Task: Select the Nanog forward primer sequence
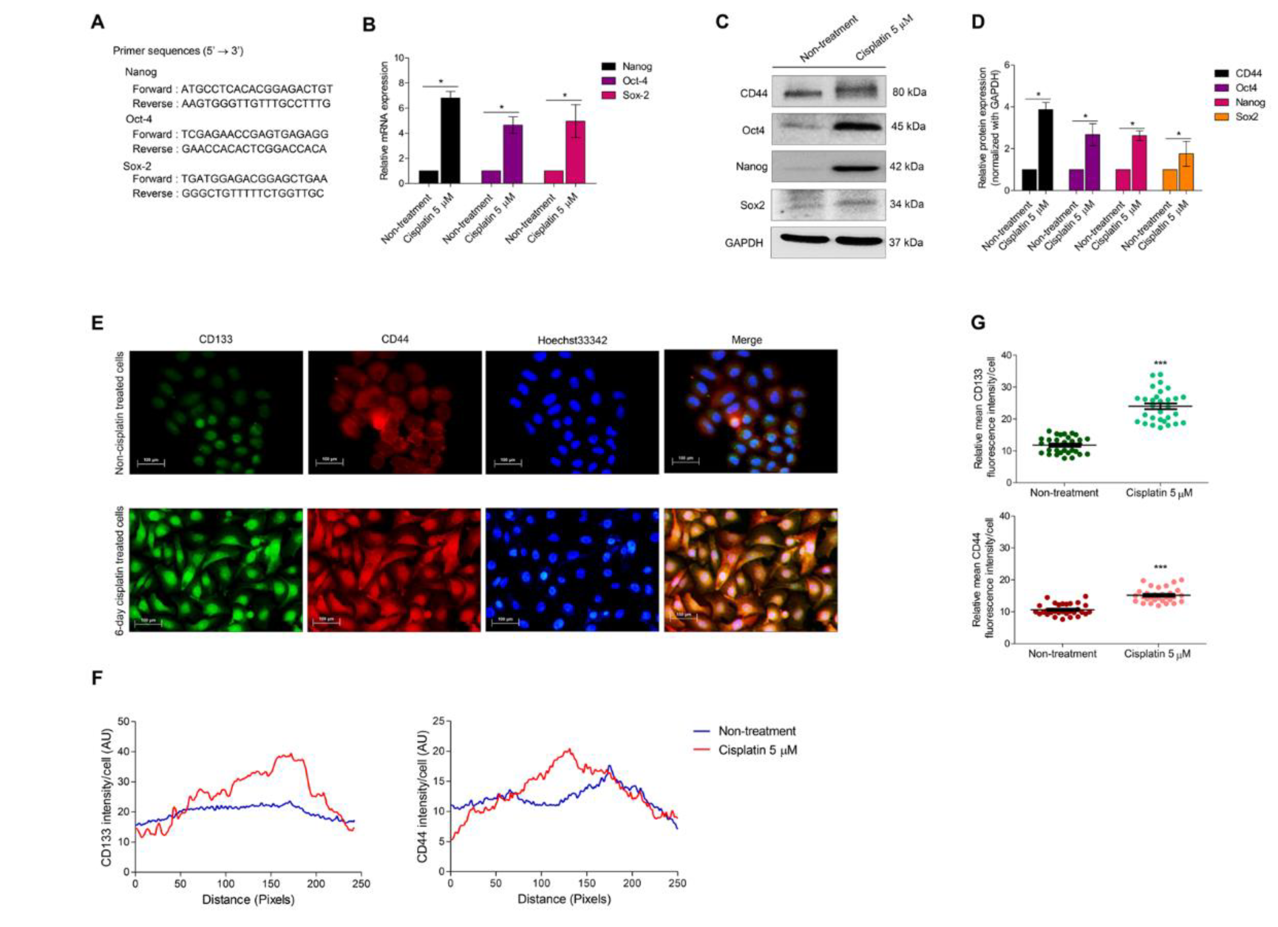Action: (x=256, y=89)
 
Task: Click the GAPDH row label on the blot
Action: (x=744, y=243)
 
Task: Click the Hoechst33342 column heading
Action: (x=572, y=340)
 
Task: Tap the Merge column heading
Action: (x=747, y=340)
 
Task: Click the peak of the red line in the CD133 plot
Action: (x=291, y=754)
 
